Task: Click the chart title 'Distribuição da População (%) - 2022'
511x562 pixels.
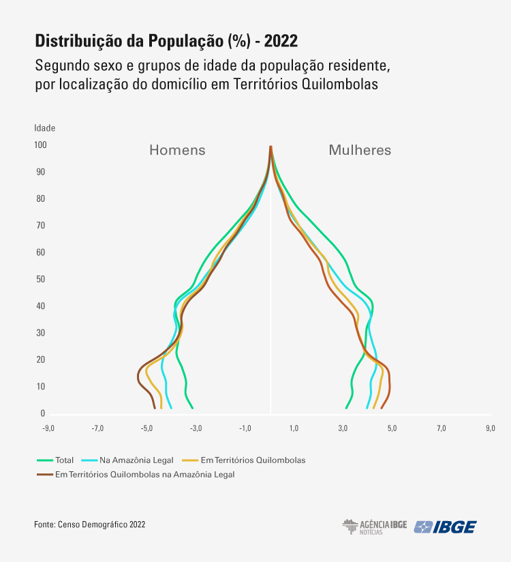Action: click(166, 41)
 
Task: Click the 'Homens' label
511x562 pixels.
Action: click(177, 150)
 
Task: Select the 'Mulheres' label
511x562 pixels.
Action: click(360, 150)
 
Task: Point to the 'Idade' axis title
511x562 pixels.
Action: click(44, 128)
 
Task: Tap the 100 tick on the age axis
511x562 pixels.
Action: click(40, 145)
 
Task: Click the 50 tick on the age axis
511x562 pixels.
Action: click(41, 279)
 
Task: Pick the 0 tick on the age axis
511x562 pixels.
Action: click(42, 413)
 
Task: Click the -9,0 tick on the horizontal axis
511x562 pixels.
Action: click(48, 428)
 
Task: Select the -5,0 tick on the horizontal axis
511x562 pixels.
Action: click(146, 428)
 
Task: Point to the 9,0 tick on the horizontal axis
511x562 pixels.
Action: click(491, 428)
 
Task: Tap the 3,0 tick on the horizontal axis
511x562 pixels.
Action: click(343, 428)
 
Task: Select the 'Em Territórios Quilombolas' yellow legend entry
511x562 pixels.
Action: click(253, 460)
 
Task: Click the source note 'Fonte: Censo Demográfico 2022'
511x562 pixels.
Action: click(89, 524)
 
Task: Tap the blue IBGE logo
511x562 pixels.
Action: click(446, 527)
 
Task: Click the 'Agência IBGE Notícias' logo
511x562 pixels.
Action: click(374, 527)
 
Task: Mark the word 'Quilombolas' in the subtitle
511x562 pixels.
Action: click(339, 85)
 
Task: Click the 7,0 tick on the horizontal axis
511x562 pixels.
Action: click(442, 428)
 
